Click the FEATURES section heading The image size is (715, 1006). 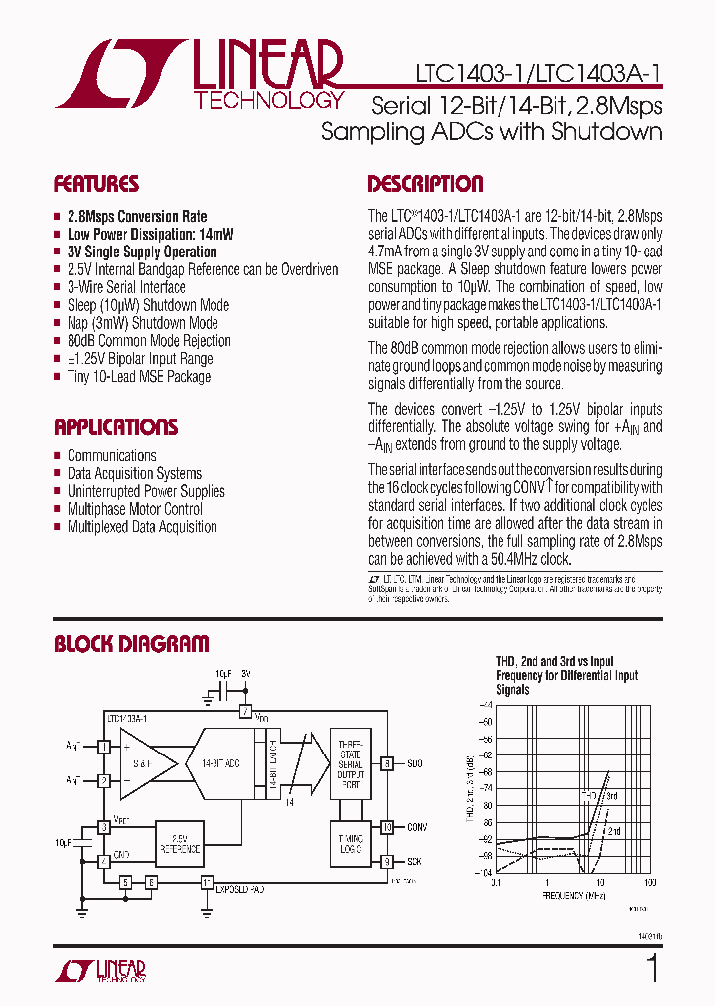[x=95, y=184]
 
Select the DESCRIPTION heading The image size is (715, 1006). [x=425, y=184]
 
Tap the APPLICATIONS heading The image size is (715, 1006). [x=115, y=427]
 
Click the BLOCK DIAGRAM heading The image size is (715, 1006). [x=131, y=644]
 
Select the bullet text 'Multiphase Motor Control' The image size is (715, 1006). [x=134, y=509]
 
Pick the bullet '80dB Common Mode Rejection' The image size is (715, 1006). [x=149, y=341]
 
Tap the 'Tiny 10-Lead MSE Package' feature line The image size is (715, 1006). [x=139, y=377]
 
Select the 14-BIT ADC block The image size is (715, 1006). [x=222, y=763]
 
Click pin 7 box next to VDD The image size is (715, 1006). [x=244, y=713]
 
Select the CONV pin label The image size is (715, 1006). [x=417, y=826]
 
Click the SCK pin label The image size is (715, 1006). [x=415, y=861]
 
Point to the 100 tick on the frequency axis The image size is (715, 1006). [x=650, y=882]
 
